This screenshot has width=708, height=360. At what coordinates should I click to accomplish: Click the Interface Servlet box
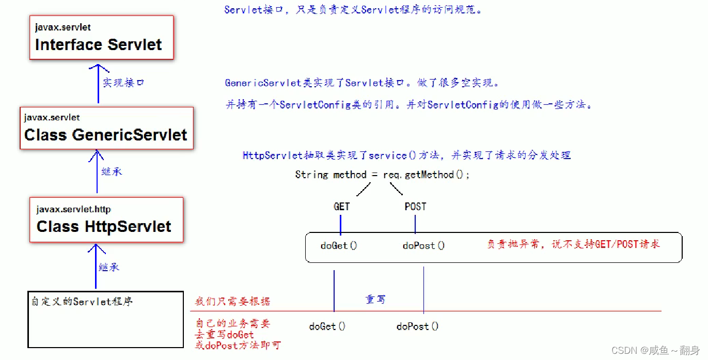[x=101, y=37]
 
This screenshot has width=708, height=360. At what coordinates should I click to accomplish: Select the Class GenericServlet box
[x=106, y=128]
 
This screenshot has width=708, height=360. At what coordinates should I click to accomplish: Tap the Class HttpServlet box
[x=106, y=220]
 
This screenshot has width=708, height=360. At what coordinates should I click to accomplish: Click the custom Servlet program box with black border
[x=105, y=319]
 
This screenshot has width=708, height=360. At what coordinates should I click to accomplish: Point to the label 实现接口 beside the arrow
[x=123, y=83]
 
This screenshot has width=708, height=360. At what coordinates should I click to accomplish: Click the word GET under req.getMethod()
[x=341, y=207]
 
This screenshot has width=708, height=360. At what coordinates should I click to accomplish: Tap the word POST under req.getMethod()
[x=415, y=207]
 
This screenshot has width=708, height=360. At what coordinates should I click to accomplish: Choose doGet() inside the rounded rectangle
[x=338, y=246]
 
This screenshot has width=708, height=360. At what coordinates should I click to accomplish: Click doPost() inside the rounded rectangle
[x=423, y=246]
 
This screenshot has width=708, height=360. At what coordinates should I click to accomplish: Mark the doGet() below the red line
[x=327, y=326]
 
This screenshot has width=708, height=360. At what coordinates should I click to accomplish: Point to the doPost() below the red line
[x=417, y=326]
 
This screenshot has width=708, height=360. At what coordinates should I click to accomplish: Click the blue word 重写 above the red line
[x=375, y=300]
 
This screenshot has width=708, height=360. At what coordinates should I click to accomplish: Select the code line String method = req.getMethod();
[x=382, y=175]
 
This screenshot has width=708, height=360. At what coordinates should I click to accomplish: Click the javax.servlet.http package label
[x=73, y=209]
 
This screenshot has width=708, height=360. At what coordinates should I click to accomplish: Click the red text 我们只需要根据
[x=232, y=302]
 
